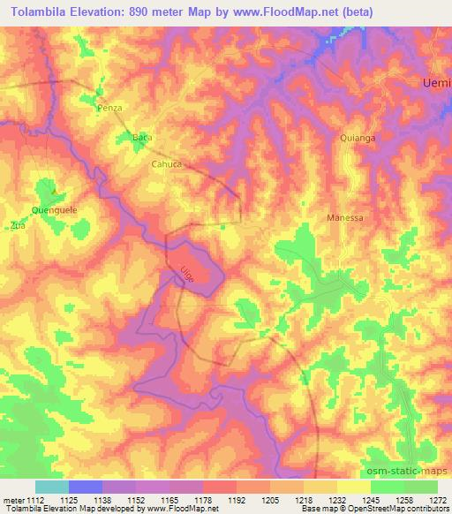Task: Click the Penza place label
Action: pyautogui.click(x=109, y=107)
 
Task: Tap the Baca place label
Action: pyautogui.click(x=141, y=139)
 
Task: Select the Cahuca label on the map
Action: pyautogui.click(x=166, y=163)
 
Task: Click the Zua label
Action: pyautogui.click(x=17, y=225)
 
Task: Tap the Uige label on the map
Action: pyautogui.click(x=187, y=274)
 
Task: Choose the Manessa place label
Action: pyautogui.click(x=345, y=216)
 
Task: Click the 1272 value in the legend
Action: pyautogui.click(x=439, y=500)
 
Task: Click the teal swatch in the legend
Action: pyautogui.click(x=52, y=487)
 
